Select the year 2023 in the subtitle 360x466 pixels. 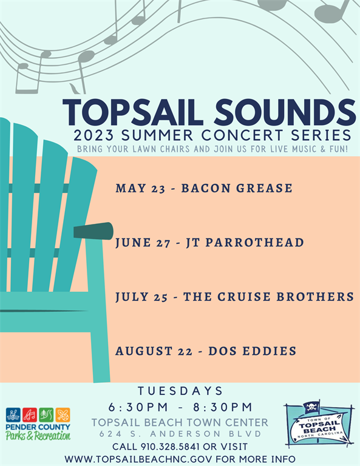click(93, 135)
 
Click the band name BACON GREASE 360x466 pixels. click(237, 188)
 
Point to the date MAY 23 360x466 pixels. click(140, 188)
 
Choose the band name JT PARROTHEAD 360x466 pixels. click(245, 243)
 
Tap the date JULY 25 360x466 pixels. click(141, 297)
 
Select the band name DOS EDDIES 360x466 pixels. click(253, 351)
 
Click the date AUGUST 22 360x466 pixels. click(154, 351)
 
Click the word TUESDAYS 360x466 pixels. click(180, 391)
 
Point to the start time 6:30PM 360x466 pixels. click(138, 407)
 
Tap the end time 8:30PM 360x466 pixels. click(223, 407)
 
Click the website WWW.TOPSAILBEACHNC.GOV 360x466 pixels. click(138, 459)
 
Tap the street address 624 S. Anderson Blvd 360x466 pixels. click(180, 434)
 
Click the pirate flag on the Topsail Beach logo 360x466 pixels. click(311, 407)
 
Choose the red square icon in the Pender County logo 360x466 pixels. click(30, 415)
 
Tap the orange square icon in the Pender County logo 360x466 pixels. click(63, 415)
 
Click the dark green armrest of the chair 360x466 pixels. click(93, 231)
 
